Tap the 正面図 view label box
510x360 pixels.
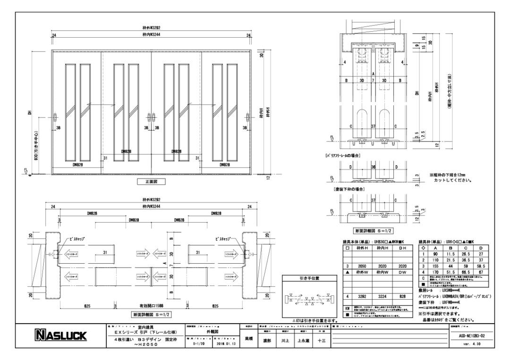click(151, 181)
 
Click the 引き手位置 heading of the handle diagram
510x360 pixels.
click(309, 278)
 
